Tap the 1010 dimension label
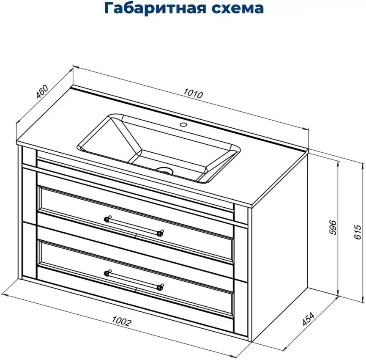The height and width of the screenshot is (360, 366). click(193, 94)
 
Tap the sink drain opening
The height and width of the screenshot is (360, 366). click(164, 170)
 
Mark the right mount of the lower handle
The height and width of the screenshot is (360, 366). click(160, 286)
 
